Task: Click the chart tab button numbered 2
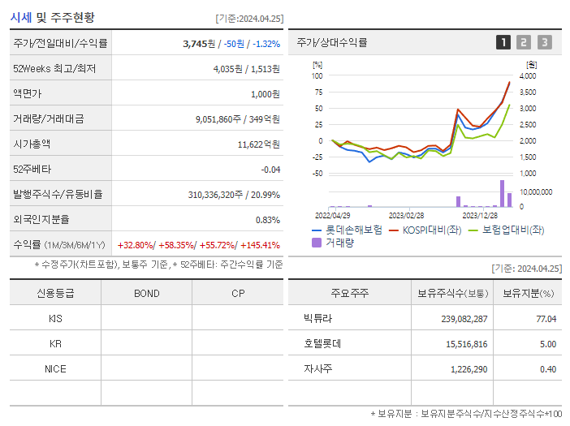pyautogui.click(x=524, y=42)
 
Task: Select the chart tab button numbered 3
pyautogui.click(x=544, y=42)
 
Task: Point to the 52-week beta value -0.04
pyautogui.click(x=270, y=170)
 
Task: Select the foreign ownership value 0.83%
pyautogui.click(x=267, y=220)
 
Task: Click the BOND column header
pyautogui.click(x=146, y=294)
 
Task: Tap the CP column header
pyautogui.click(x=238, y=294)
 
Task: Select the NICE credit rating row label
pyautogui.click(x=55, y=368)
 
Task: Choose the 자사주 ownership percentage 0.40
pyautogui.click(x=547, y=369)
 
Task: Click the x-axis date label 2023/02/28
pyautogui.click(x=406, y=216)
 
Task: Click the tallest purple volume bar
pyautogui.click(x=502, y=193)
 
